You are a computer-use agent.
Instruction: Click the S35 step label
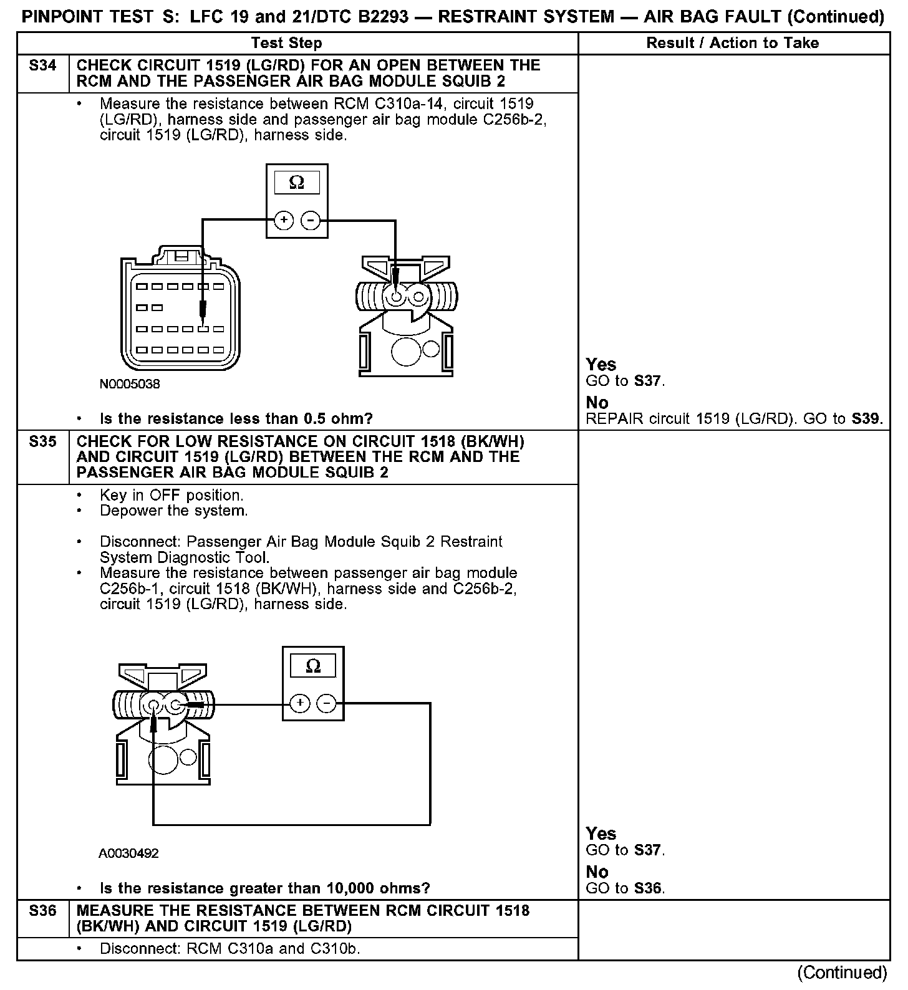pyautogui.click(x=42, y=442)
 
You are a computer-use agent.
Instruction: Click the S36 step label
pyautogui.click(x=42, y=911)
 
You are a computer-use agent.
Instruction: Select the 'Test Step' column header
pyautogui.click(x=286, y=43)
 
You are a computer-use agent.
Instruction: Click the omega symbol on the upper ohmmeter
pyautogui.click(x=297, y=183)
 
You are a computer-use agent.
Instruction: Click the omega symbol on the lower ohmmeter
pyautogui.click(x=313, y=666)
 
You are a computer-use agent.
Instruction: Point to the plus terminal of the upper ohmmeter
pyautogui.click(x=284, y=220)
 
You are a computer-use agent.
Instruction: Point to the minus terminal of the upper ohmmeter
pyautogui.click(x=311, y=220)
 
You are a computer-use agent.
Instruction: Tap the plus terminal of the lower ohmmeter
pyautogui.click(x=300, y=704)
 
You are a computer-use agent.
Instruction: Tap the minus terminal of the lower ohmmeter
pyautogui.click(x=326, y=704)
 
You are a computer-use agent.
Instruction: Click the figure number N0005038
pyautogui.click(x=130, y=384)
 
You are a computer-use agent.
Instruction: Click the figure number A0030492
pyautogui.click(x=128, y=853)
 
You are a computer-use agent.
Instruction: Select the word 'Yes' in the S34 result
pyautogui.click(x=601, y=365)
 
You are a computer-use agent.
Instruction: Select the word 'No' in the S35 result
pyautogui.click(x=597, y=872)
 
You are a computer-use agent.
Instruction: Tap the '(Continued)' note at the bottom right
pyautogui.click(x=842, y=973)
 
